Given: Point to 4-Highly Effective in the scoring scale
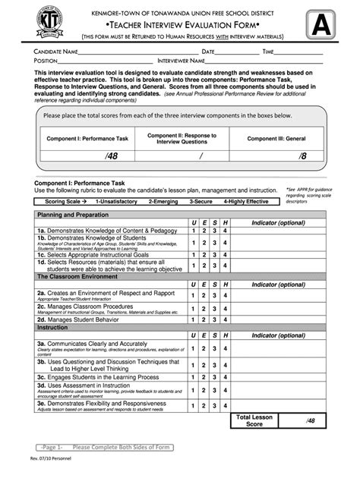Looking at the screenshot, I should pyautogui.click(x=245, y=202).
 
